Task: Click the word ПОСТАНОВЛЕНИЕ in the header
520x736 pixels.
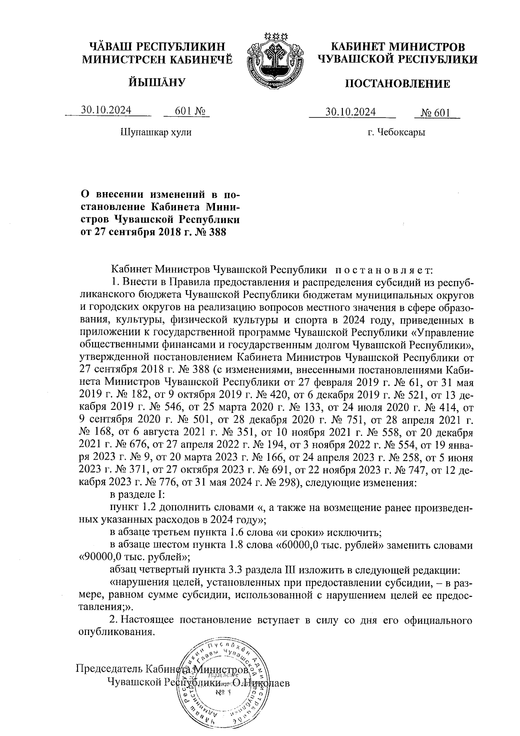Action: [x=397, y=84]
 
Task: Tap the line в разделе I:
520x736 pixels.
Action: [x=136, y=495]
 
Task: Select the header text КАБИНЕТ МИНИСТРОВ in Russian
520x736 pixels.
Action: [x=397, y=46]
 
